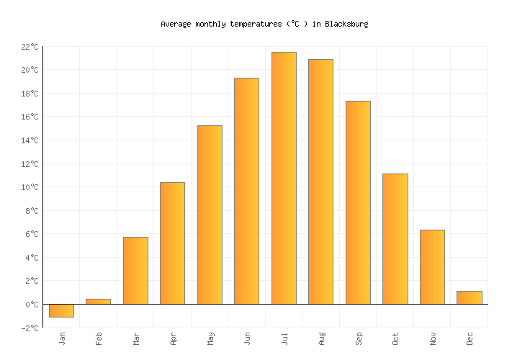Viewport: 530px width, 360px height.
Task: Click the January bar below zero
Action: coord(61,310)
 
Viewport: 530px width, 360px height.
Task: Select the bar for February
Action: coord(98,301)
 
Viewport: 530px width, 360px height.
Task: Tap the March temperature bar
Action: coord(135,270)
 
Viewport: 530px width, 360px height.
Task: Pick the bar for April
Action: coord(172,243)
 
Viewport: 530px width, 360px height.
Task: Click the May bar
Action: coord(210,215)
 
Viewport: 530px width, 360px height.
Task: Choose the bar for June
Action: coord(246,191)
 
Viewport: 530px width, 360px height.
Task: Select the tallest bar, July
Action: coord(284,178)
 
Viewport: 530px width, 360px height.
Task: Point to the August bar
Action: coord(320,181)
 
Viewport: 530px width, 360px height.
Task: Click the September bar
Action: coord(358,202)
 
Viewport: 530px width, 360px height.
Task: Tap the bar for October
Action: coord(395,238)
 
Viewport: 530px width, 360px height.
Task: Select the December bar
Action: coord(469,297)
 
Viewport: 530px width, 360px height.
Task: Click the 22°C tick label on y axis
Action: coord(29,47)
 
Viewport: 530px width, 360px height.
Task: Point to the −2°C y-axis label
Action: coord(29,328)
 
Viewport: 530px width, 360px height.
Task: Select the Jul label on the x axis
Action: coord(284,338)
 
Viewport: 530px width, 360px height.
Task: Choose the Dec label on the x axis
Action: coord(470,338)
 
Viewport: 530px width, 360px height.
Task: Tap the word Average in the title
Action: coord(175,24)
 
